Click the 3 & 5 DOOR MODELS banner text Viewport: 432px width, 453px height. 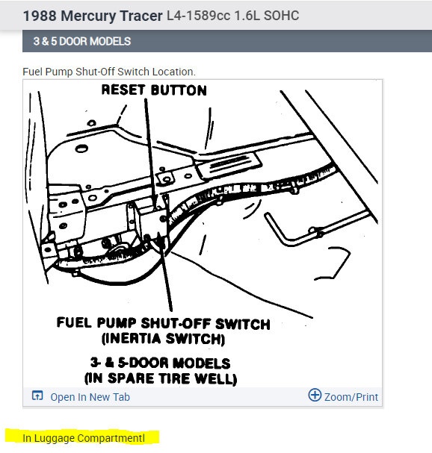point(81,41)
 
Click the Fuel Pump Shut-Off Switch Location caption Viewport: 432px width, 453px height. point(109,72)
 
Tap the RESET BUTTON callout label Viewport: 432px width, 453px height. point(153,90)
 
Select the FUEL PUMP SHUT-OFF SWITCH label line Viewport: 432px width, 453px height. point(163,324)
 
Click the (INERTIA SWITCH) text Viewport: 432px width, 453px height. point(162,339)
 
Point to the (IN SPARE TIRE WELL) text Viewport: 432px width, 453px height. point(162,379)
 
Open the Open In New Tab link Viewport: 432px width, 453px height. point(90,397)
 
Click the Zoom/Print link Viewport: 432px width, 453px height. point(351,397)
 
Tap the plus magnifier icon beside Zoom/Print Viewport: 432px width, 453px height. point(315,396)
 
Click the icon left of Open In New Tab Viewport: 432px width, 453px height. point(37,396)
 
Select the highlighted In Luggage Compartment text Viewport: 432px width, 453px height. point(83,437)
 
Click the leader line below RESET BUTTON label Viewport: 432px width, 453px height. point(151,149)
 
